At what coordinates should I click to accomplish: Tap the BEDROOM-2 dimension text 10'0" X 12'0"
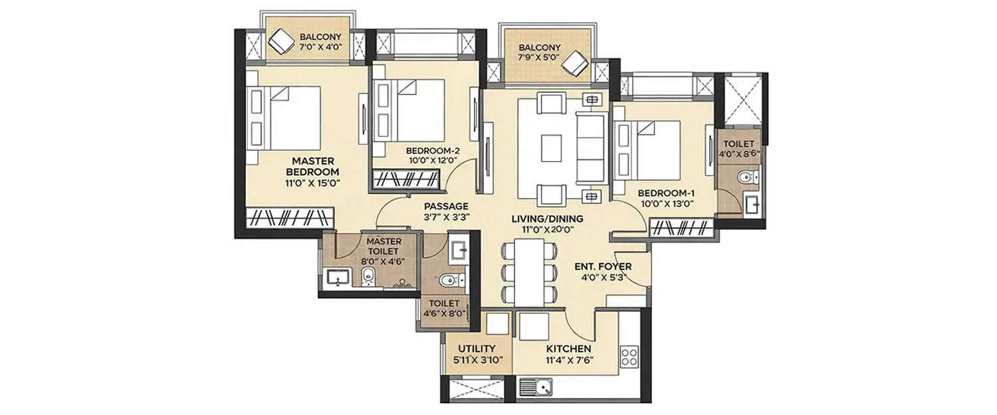[x=433, y=160]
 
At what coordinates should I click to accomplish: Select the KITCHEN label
[x=569, y=349]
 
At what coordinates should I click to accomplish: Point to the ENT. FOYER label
[x=602, y=267]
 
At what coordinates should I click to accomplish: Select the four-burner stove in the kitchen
[x=628, y=356]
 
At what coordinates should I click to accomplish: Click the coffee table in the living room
[x=552, y=148]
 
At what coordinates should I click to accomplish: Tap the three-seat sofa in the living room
[x=590, y=147]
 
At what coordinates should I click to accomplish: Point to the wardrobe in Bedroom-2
[x=405, y=179]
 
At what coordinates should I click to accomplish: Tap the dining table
[x=530, y=273]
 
